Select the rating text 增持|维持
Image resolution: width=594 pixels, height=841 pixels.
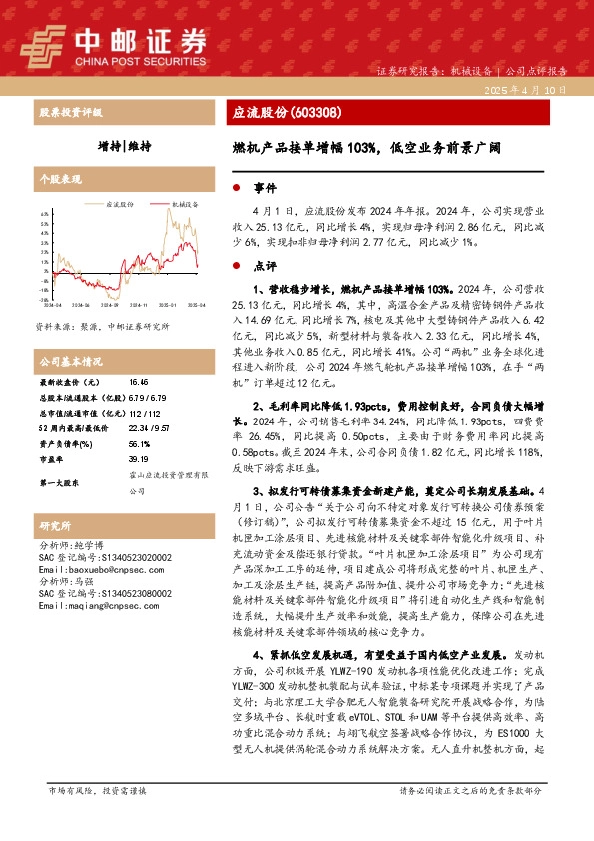coord(125,146)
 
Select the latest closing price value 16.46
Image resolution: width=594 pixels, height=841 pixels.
coord(138,382)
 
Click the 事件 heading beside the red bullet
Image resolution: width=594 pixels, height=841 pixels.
coord(264,187)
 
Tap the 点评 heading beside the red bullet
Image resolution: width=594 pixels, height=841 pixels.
coord(264,266)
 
